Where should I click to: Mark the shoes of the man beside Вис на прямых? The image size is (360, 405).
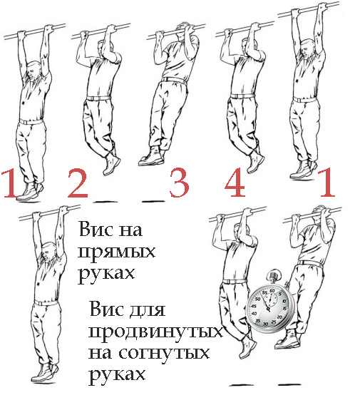pos(43,373)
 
